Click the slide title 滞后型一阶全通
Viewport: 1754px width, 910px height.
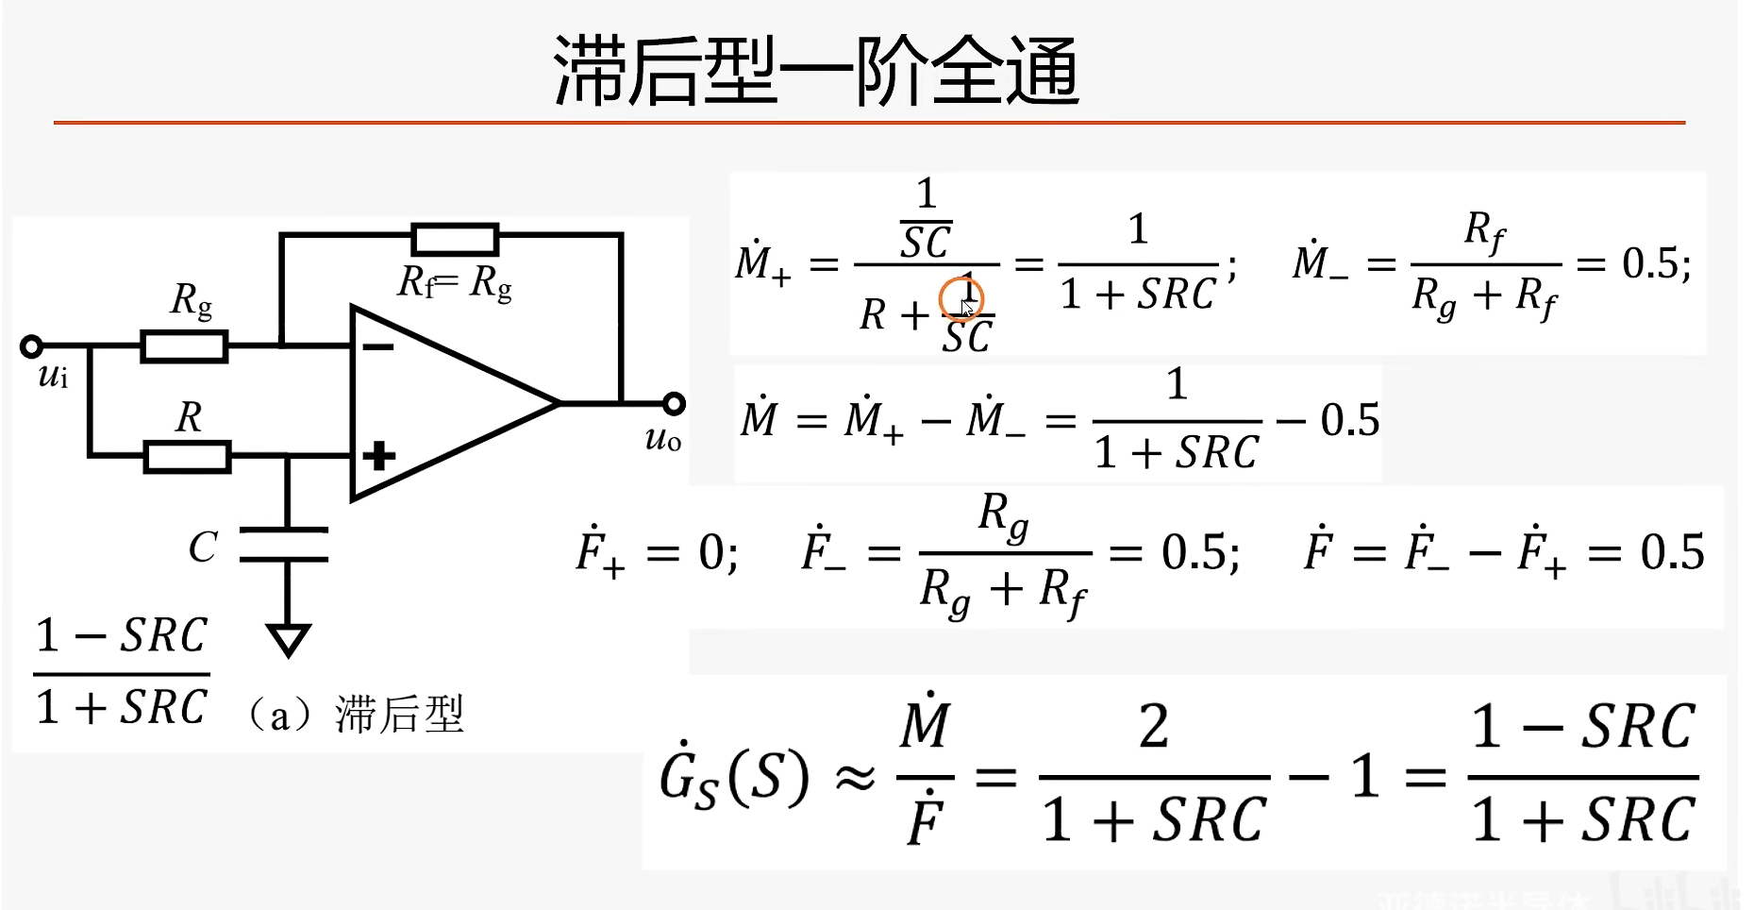tap(816, 72)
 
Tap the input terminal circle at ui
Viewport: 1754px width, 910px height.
tap(31, 346)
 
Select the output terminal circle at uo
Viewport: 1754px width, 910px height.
tap(673, 404)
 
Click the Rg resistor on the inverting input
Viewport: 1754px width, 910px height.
tap(184, 346)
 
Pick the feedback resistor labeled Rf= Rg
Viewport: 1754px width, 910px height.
tap(455, 239)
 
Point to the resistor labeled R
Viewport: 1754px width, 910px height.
tap(187, 457)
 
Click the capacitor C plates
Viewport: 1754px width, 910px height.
tap(285, 545)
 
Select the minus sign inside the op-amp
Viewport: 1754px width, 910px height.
tap(378, 347)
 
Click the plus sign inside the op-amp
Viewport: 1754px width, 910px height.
tap(378, 456)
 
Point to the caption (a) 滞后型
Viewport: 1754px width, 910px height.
tap(355, 715)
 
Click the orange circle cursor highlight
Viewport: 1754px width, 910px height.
tap(961, 300)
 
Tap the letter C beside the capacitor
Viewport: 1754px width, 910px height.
tap(203, 547)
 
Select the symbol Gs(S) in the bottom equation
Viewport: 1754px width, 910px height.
tap(734, 778)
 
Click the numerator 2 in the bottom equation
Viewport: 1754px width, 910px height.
tap(1154, 727)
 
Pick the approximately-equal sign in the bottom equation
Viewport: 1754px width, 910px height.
tap(855, 779)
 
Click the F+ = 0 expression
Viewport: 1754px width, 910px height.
tap(656, 551)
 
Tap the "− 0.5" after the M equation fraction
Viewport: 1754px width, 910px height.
tap(1329, 420)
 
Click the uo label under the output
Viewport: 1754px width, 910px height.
tap(662, 439)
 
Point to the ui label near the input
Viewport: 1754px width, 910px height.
tap(53, 377)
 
